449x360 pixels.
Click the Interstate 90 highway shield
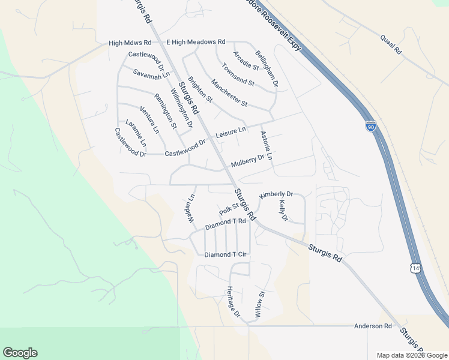pos(370,125)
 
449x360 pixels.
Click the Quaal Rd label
pos(391,45)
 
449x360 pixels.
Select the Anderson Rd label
pos(373,326)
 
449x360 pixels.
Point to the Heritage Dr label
pos(233,301)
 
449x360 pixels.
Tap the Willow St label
pos(259,304)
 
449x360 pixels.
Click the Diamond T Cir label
pos(226,254)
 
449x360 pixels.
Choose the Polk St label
pos(229,209)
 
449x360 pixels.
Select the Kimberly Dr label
pos(276,195)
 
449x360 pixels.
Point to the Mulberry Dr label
pos(247,161)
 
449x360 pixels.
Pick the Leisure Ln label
pos(231,130)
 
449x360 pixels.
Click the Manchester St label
pos(229,92)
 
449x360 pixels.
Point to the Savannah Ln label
pos(152,74)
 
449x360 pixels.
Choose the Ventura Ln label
pos(149,119)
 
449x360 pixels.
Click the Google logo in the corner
pos(20,353)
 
